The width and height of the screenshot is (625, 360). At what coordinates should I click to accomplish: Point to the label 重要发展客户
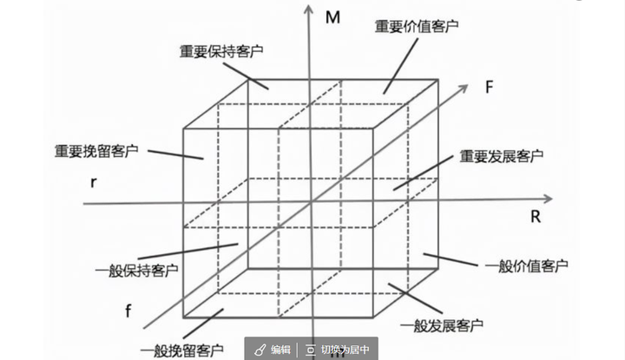(501, 157)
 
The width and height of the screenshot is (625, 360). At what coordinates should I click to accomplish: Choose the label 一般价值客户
(527, 265)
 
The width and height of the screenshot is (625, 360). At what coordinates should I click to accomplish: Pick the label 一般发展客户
(443, 325)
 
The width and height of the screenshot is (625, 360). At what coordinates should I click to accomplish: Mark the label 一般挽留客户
(181, 350)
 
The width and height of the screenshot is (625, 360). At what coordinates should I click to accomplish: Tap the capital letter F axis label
(490, 87)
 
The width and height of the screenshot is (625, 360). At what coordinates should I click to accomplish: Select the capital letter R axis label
(535, 217)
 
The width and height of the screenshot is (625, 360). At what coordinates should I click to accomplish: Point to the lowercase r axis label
(92, 182)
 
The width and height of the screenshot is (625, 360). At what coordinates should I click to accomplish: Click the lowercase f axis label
(128, 311)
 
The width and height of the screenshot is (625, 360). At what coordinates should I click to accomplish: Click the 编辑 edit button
(273, 350)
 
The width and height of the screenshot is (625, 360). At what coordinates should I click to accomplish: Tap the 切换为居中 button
(339, 350)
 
